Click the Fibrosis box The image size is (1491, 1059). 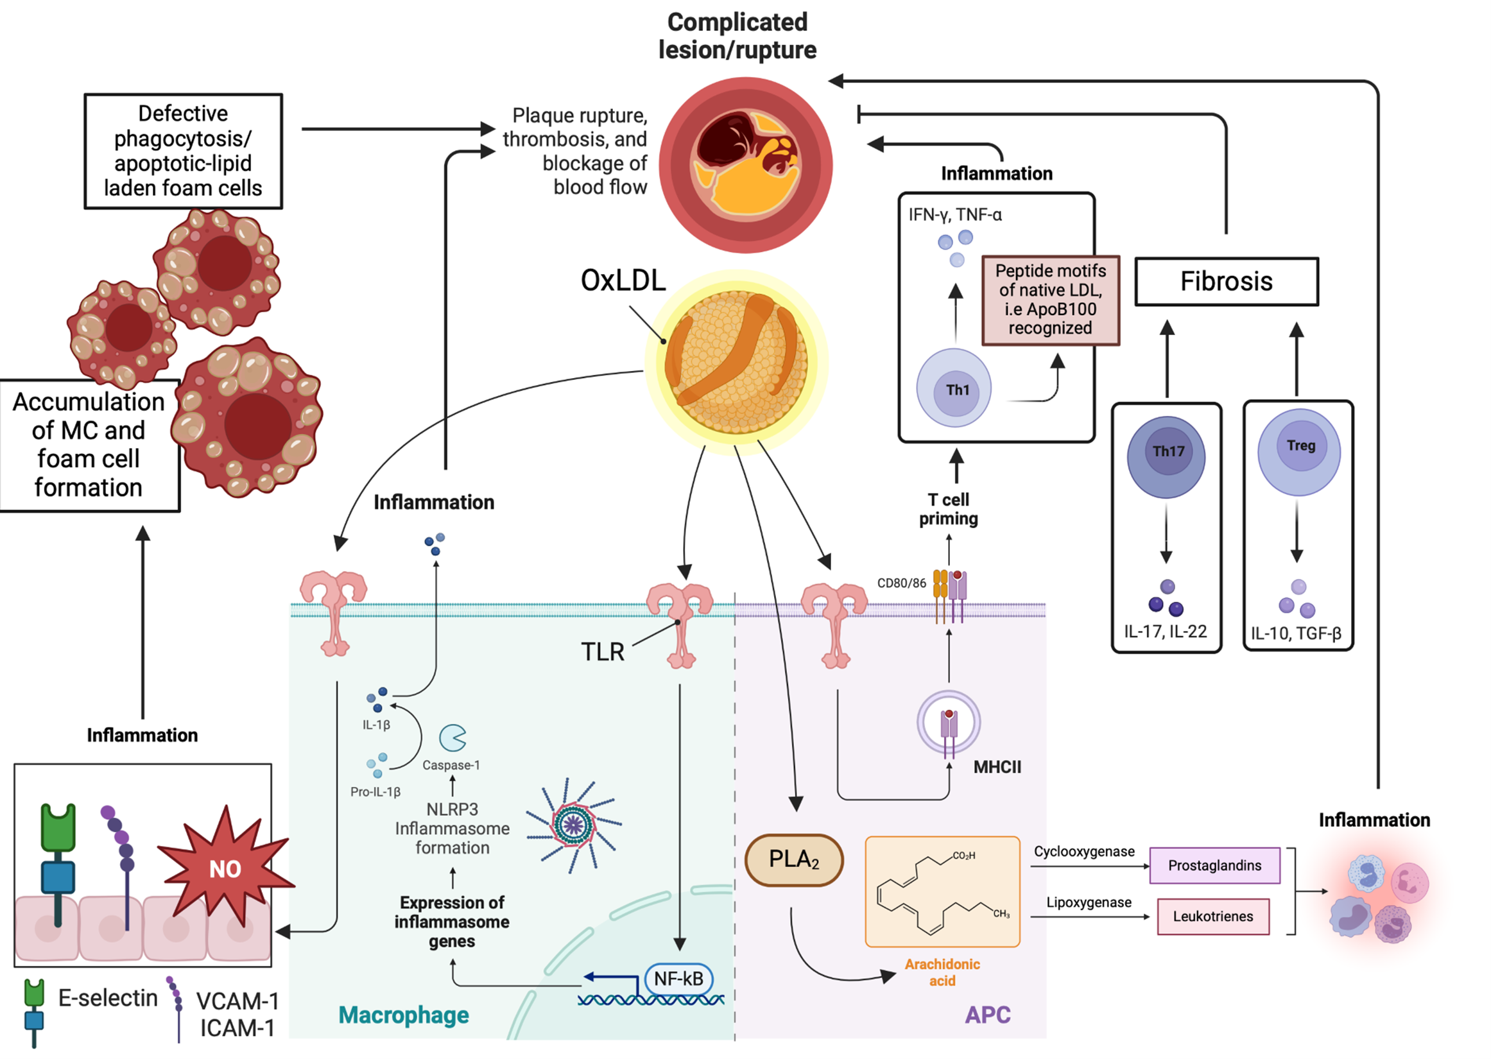pyautogui.click(x=1226, y=282)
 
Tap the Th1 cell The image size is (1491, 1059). pyautogui.click(x=954, y=389)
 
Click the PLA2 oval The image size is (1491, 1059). pyautogui.click(x=793, y=859)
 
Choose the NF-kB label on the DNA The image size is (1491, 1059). pyautogui.click(x=678, y=978)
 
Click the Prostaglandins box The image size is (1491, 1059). pyautogui.click(x=1214, y=865)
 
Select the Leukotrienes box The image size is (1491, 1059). pyautogui.click(x=1212, y=916)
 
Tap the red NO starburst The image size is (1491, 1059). pyautogui.click(x=225, y=867)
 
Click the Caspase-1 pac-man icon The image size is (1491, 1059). pyautogui.click(x=452, y=738)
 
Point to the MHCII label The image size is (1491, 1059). pyautogui.click(x=997, y=767)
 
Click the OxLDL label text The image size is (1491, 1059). pyautogui.click(x=623, y=280)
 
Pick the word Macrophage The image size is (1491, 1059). pyautogui.click(x=404, y=1015)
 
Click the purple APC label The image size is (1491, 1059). pyautogui.click(x=987, y=1015)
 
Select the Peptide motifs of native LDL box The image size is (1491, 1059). pyautogui.click(x=1050, y=300)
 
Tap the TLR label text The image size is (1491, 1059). pyautogui.click(x=603, y=651)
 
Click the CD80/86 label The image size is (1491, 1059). pyautogui.click(x=901, y=583)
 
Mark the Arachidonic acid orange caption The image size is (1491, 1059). pyautogui.click(x=942, y=972)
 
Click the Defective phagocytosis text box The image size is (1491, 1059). pyautogui.click(x=183, y=151)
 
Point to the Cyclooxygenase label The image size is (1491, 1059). pyautogui.click(x=1083, y=852)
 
